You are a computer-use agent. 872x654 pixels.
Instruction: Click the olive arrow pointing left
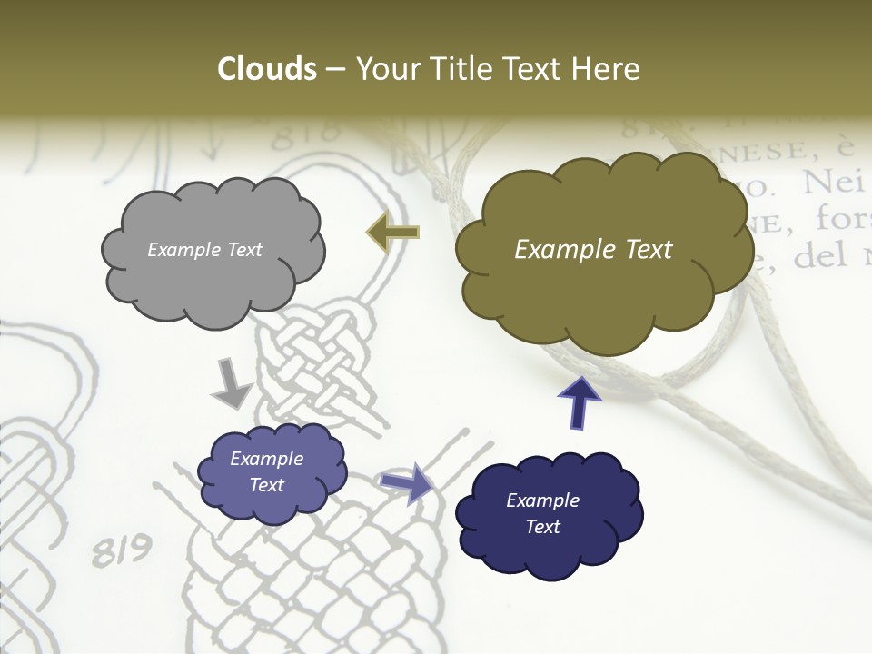392,233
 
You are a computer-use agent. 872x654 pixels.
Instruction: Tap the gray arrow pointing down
231,382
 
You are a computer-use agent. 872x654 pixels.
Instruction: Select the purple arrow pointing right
407,482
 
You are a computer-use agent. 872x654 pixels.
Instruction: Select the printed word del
818,258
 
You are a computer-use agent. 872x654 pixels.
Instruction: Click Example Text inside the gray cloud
204,250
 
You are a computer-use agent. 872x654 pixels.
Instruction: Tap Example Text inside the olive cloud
593,250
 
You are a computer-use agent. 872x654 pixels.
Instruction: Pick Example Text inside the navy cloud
542,513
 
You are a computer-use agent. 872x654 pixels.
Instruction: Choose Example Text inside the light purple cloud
266,471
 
